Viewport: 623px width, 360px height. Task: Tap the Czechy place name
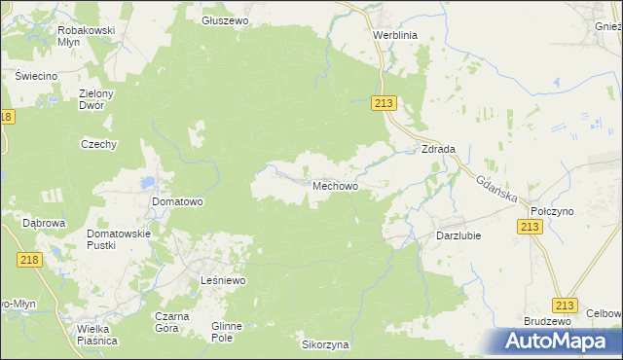click(x=99, y=144)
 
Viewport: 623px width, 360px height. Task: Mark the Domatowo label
click(x=177, y=202)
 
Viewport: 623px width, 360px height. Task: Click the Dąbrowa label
click(x=44, y=223)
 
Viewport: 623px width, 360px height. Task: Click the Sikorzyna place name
click(x=325, y=345)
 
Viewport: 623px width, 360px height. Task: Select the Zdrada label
click(x=438, y=150)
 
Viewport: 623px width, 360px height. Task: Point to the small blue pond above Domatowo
click(x=147, y=181)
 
